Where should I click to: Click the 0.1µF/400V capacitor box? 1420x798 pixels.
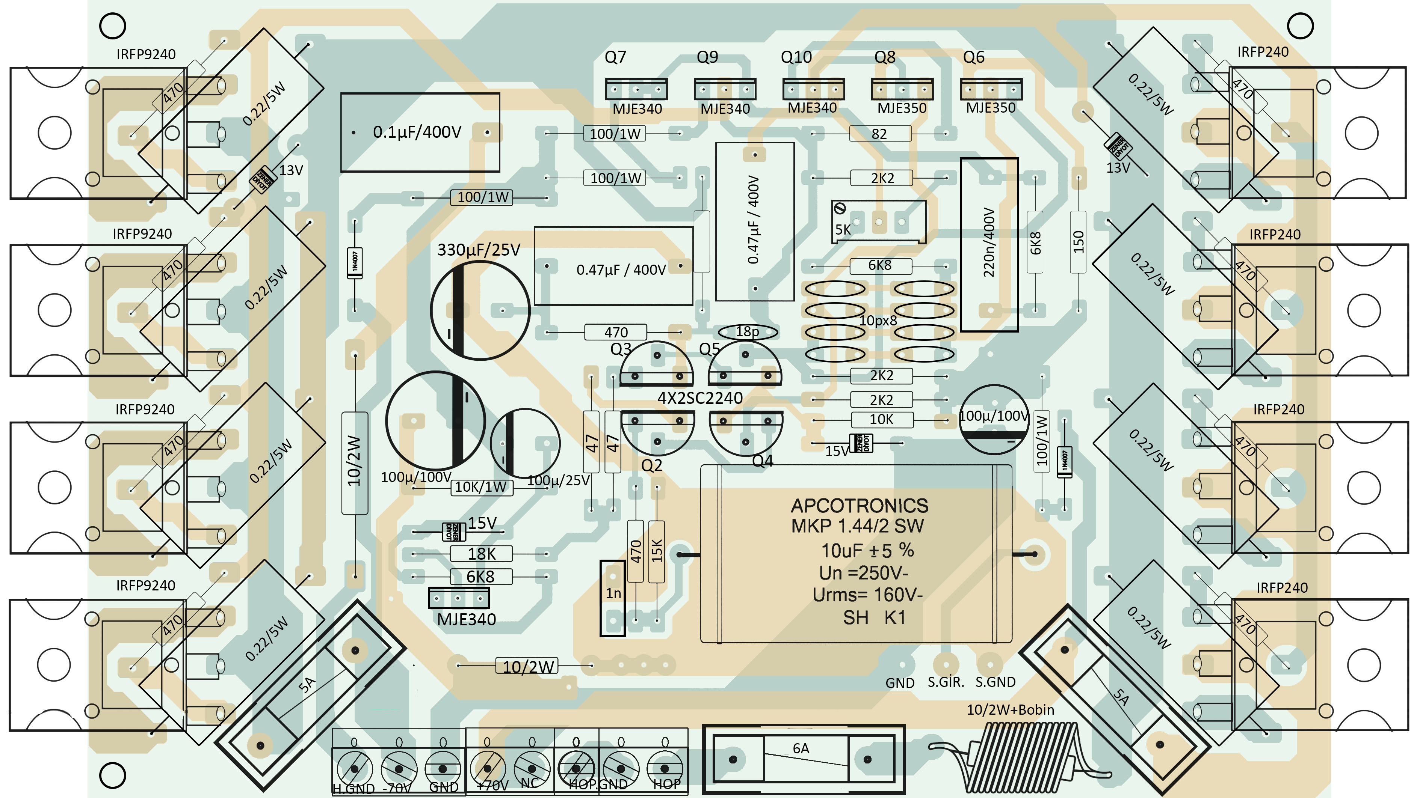coord(420,132)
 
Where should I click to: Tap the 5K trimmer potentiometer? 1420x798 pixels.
coord(878,222)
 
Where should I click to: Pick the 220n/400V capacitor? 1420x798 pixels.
coord(989,244)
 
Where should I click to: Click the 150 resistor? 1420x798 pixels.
coord(1078,242)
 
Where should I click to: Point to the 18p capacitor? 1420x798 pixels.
coord(748,331)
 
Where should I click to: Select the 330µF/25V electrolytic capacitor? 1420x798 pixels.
coord(480,311)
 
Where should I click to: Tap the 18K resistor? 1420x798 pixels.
coord(481,554)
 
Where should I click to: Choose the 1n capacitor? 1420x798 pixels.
coord(612,598)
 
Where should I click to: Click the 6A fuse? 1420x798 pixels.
coord(803,759)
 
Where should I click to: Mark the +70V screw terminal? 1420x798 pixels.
coord(488,767)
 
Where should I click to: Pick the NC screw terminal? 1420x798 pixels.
coord(532,767)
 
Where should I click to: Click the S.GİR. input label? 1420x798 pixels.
coord(946,682)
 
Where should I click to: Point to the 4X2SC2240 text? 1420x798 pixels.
coord(700,397)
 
